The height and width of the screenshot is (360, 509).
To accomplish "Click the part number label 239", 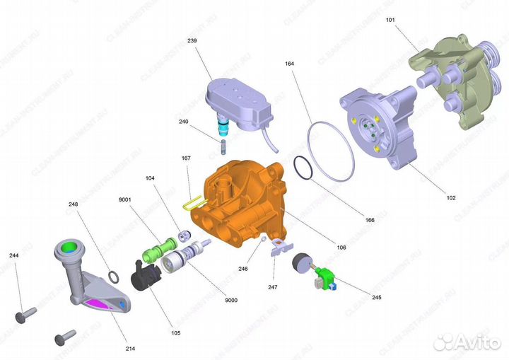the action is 192,41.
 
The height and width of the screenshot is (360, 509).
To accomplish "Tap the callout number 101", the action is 390,20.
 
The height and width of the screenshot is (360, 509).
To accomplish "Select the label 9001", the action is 124,199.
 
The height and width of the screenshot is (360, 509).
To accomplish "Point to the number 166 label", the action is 370,220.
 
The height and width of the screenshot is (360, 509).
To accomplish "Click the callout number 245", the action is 377,297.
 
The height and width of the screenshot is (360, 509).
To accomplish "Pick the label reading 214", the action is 131,349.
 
